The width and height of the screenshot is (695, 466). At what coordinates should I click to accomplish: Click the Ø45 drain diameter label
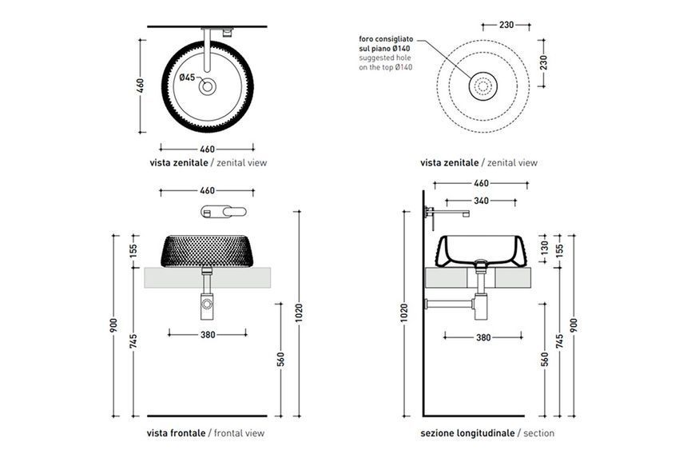pos(187,78)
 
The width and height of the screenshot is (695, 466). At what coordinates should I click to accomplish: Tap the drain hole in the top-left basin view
pos(208,86)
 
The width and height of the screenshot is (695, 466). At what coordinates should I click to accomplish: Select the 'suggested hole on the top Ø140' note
pos(385,62)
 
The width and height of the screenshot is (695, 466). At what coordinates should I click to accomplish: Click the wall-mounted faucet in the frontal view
pos(224,212)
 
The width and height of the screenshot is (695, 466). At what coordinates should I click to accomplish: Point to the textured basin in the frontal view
pos(208,251)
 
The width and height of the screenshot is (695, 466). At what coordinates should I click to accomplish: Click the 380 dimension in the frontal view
pos(208,335)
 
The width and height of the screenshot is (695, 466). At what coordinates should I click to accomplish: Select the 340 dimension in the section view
pos(482,201)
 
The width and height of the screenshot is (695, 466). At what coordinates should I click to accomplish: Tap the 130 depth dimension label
pos(545,246)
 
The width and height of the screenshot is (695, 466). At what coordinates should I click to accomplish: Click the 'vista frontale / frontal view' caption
pos(205,433)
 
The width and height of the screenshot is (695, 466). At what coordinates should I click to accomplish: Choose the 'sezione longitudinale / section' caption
pos(487,433)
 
